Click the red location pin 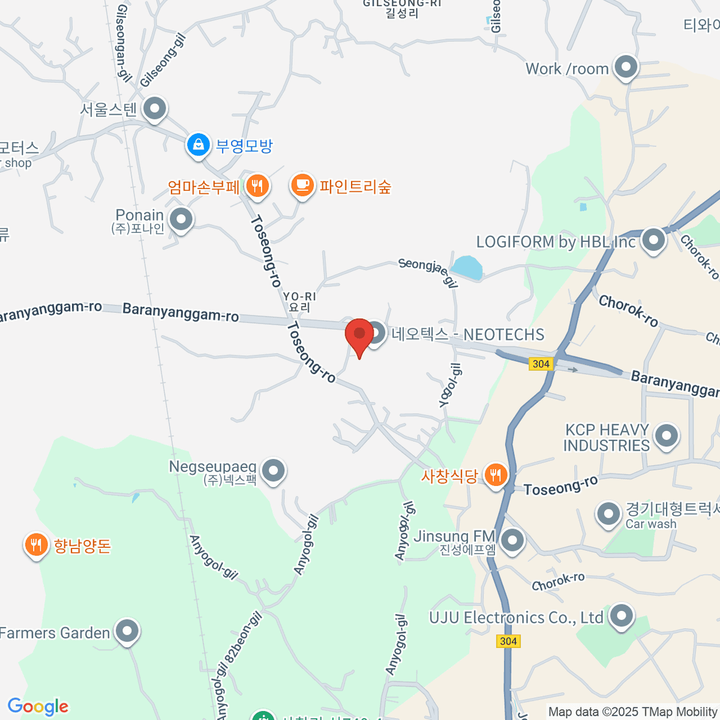(359, 335)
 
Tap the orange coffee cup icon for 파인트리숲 (302, 185)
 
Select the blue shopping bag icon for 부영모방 (197, 145)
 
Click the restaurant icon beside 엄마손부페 (257, 186)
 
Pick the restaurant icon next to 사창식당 (495, 475)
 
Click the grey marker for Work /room (626, 68)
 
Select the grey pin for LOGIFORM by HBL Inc (653, 241)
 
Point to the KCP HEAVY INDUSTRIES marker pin (666, 436)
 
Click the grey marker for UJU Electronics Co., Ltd (621, 616)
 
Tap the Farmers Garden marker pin (127, 631)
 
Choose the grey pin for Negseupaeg (274, 471)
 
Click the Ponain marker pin (181, 220)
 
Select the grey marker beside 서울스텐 (155, 109)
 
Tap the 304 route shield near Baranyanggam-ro (541, 364)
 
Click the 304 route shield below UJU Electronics (508, 641)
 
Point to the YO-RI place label (299, 301)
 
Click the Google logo (38, 707)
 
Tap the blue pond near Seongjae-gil (467, 268)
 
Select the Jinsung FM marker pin (512, 541)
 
